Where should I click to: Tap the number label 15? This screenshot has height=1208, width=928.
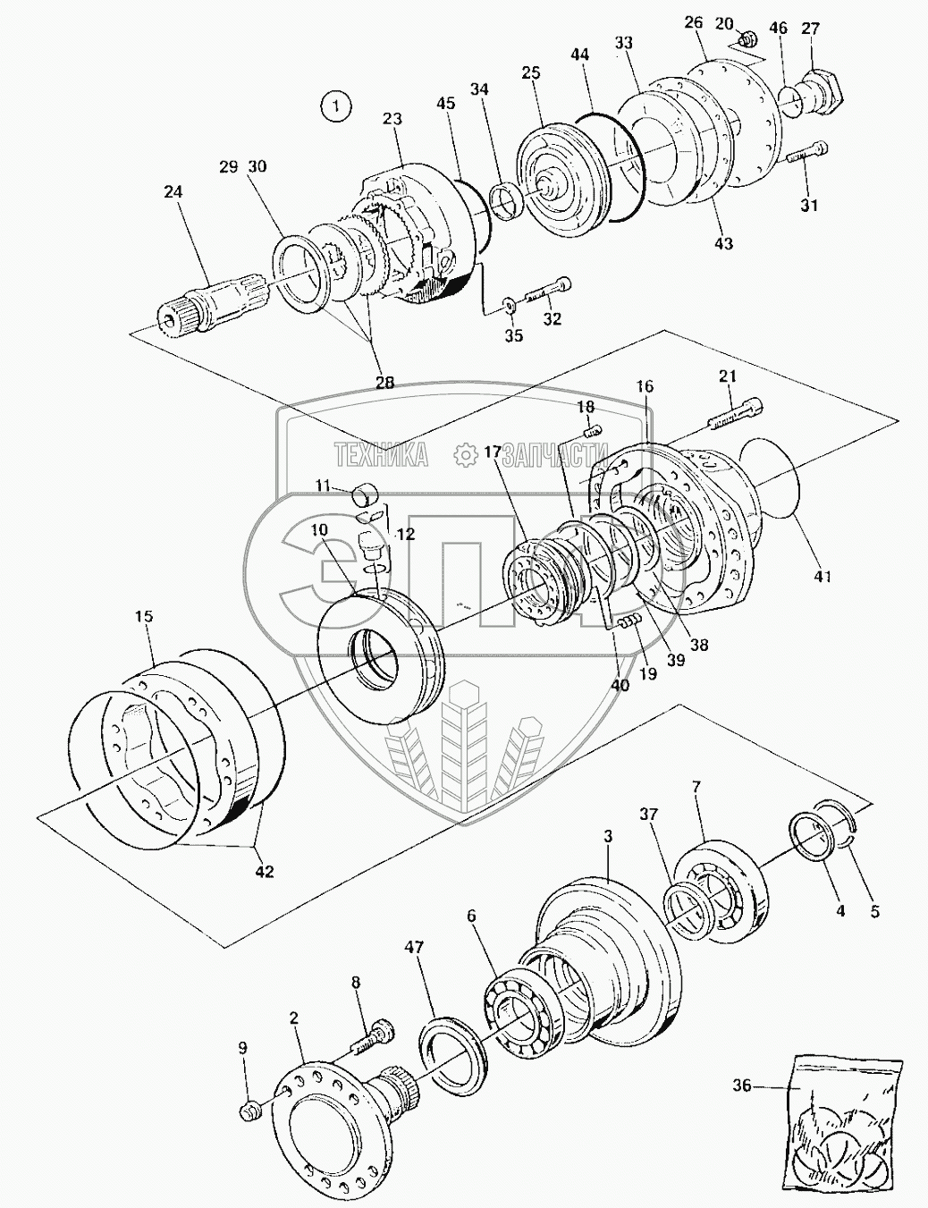(x=144, y=616)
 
